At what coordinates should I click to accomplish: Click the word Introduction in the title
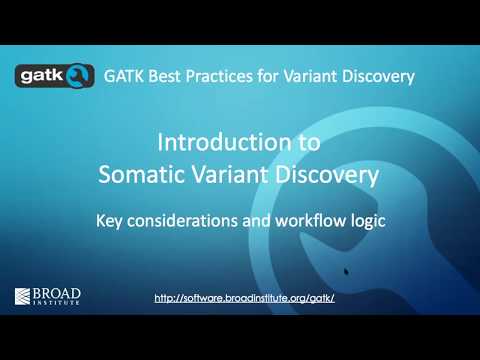(x=217, y=144)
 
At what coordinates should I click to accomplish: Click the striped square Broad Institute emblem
(x=23, y=296)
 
